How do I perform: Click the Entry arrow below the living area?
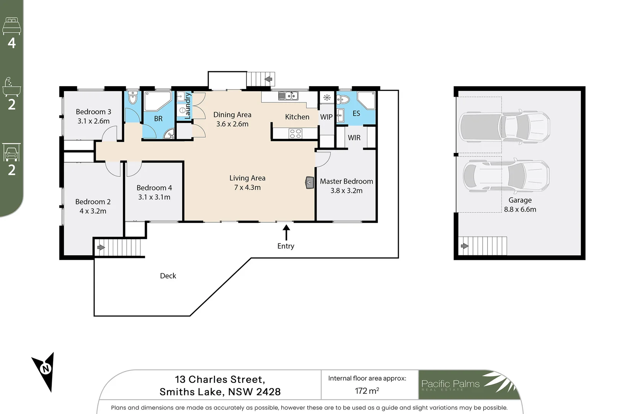point(286,232)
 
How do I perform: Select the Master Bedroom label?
point(346,181)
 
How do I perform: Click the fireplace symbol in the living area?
point(310,183)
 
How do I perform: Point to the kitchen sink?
point(288,96)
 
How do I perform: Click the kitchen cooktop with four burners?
point(295,133)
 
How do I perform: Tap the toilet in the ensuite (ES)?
point(343,99)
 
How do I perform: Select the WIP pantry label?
point(326,117)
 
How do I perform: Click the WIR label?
point(354,138)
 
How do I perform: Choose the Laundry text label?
point(188,106)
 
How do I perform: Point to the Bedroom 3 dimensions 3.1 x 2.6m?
point(93,121)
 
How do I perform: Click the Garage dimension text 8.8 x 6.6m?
point(520,209)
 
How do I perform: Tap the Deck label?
point(168,276)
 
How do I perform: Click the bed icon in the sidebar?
point(11,26)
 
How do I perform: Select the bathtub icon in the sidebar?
point(11,87)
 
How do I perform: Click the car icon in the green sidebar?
point(11,152)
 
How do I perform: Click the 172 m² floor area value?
point(367,391)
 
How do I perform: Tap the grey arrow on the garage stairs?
point(465,246)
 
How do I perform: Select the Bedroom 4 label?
point(154,188)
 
